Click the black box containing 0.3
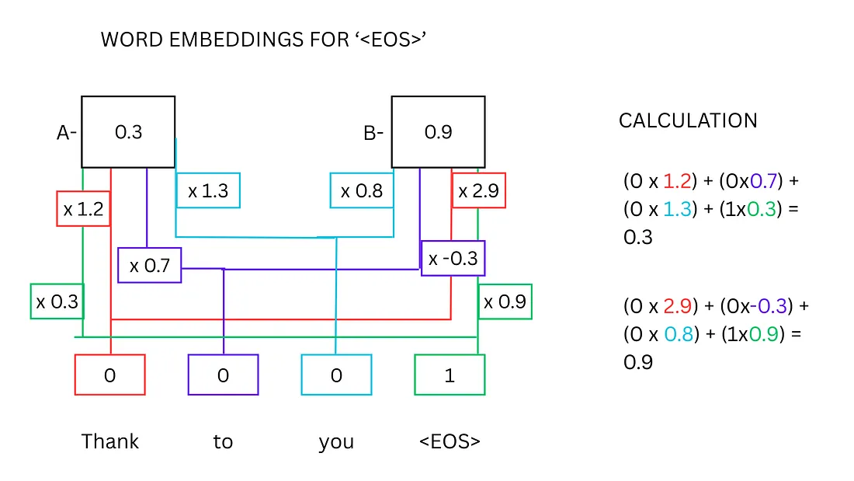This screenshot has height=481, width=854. [x=128, y=132]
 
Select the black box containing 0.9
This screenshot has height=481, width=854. [x=438, y=132]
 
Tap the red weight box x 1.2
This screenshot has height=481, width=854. [x=83, y=209]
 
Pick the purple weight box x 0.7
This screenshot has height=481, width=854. [x=149, y=266]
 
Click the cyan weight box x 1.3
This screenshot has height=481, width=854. [x=208, y=190]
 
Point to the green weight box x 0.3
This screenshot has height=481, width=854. [x=57, y=301]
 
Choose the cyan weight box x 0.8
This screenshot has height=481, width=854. [x=362, y=190]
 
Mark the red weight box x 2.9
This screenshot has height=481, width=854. [x=478, y=190]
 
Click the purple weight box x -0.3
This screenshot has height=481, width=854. [x=453, y=258]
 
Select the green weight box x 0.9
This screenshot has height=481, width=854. [x=505, y=301]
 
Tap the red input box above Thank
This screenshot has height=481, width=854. [x=109, y=375]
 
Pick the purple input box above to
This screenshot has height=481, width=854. [x=223, y=375]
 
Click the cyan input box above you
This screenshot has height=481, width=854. [x=336, y=375]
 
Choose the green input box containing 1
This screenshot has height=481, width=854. [x=450, y=375]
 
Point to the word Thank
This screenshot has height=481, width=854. [x=110, y=441]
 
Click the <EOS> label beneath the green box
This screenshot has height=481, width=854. [x=450, y=441]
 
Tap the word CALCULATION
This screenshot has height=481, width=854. [x=688, y=120]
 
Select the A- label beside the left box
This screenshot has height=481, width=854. [x=67, y=133]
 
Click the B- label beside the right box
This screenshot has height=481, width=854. [x=373, y=133]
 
